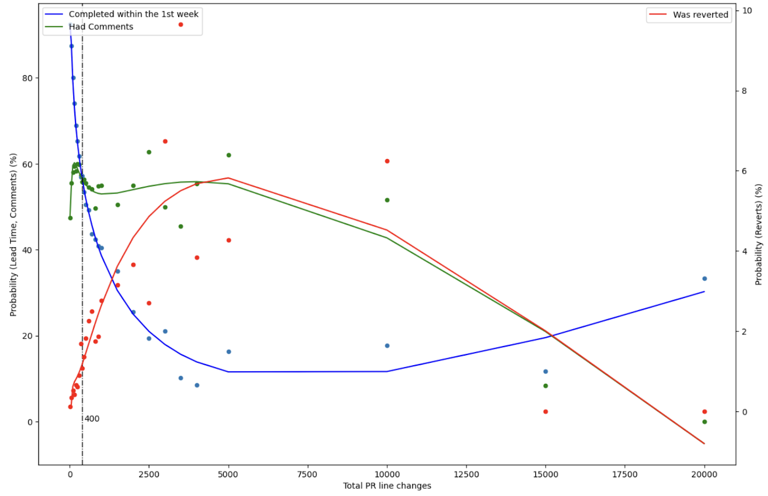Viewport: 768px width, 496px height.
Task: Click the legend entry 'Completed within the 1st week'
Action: click(x=133, y=14)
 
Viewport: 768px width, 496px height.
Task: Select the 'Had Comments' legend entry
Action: click(x=101, y=27)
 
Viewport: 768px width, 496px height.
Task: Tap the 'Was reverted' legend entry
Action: click(x=700, y=15)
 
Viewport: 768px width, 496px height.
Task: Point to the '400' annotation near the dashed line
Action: click(x=92, y=419)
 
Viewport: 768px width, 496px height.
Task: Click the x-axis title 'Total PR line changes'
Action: click(x=387, y=486)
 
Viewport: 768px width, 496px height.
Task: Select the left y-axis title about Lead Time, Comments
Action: click(x=13, y=235)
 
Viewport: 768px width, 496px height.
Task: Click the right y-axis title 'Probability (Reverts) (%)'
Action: click(x=758, y=235)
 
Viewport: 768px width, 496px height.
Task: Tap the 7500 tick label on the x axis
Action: click(x=307, y=474)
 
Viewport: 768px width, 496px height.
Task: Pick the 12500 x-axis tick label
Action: click(x=466, y=474)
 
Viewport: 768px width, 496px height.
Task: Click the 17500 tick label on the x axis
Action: click(x=625, y=474)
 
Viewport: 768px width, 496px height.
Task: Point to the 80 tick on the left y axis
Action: click(x=27, y=78)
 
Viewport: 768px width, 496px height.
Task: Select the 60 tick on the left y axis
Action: click(x=27, y=164)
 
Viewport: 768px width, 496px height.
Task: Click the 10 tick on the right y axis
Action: click(x=747, y=11)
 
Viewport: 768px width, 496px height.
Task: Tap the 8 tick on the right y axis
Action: click(x=744, y=91)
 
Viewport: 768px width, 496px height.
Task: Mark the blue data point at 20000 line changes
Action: click(x=705, y=278)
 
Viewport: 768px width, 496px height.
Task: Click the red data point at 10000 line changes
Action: click(x=387, y=161)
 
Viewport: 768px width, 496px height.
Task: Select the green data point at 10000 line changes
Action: click(x=387, y=200)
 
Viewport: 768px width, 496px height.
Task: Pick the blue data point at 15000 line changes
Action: click(x=546, y=371)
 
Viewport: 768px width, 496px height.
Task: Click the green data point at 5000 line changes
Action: click(x=229, y=155)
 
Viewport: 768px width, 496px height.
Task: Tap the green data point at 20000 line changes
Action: click(x=705, y=422)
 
